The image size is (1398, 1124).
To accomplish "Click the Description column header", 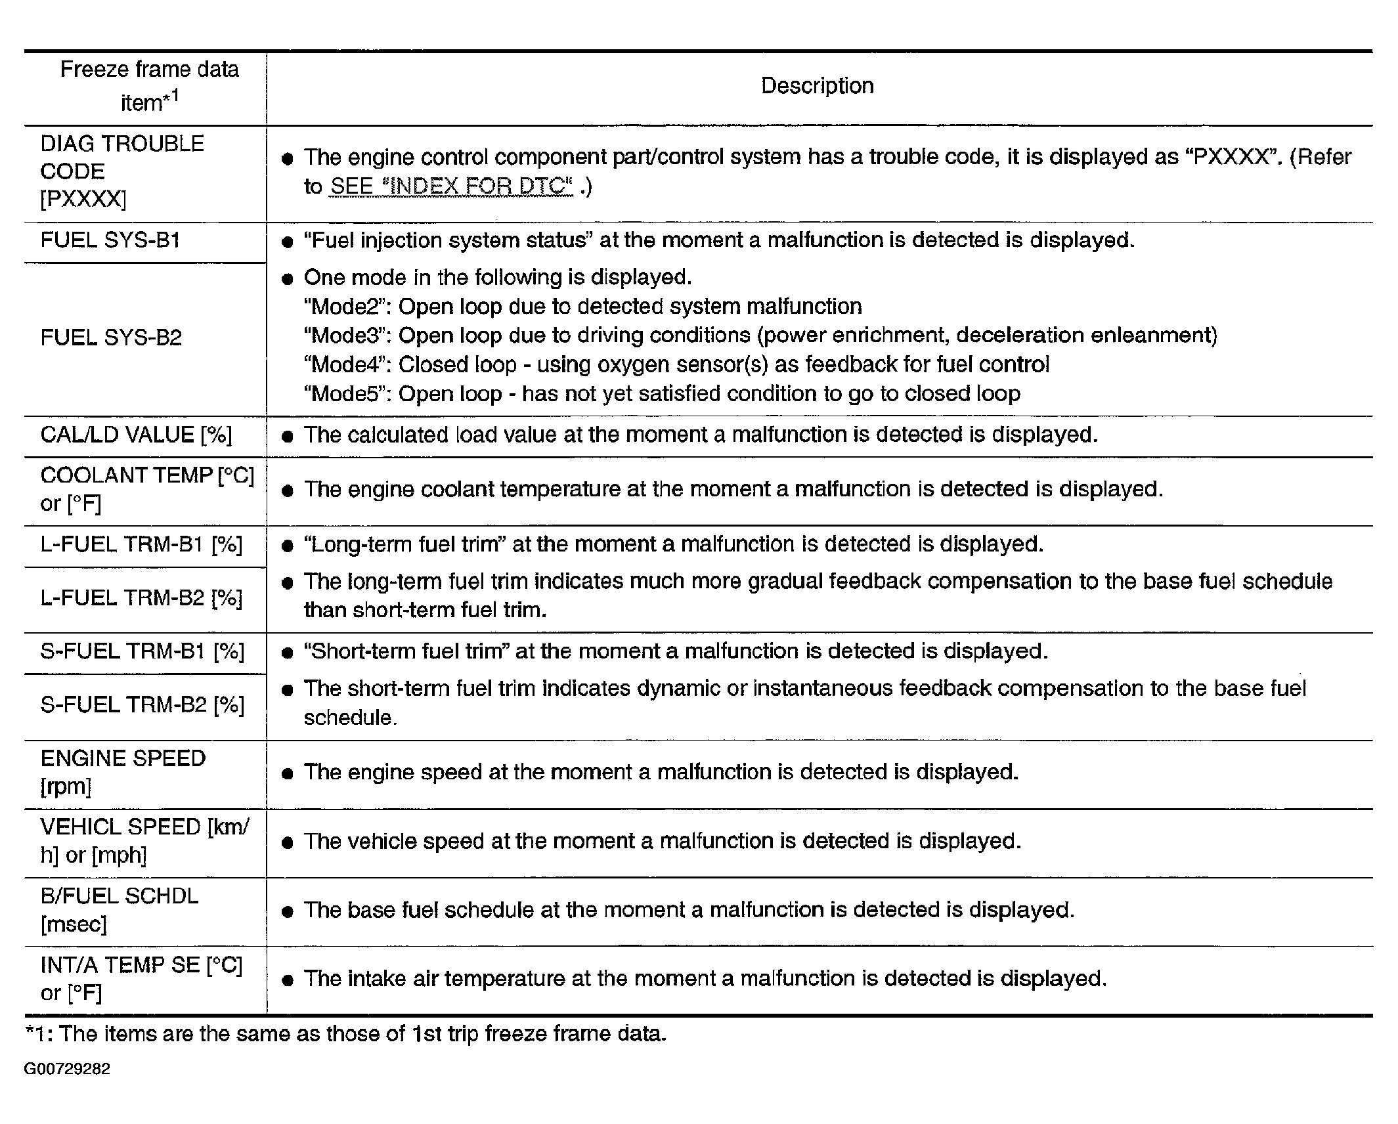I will (x=817, y=86).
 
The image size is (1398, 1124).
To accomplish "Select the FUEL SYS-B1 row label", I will (x=110, y=240).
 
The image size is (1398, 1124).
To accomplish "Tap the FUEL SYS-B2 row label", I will (x=111, y=337).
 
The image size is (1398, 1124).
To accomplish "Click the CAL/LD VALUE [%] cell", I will (x=136, y=435).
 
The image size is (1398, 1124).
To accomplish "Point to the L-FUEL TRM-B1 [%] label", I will (x=141, y=544).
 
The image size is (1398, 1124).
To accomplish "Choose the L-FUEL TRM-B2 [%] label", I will (x=141, y=598).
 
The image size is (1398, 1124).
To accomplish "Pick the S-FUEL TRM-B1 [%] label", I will (x=142, y=651).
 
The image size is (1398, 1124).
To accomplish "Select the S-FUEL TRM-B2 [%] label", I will (x=142, y=705).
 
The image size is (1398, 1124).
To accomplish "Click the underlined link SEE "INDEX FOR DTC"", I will (x=451, y=186).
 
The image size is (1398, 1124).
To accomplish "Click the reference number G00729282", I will (x=67, y=1069).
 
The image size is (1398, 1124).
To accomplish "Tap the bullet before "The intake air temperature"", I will (x=286, y=981).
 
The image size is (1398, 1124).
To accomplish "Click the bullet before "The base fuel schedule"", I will (x=286, y=912).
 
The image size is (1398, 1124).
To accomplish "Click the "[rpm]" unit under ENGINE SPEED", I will (x=66, y=787).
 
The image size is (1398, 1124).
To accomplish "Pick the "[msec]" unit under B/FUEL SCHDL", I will (x=74, y=924).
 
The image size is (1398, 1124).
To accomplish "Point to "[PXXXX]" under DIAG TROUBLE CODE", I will (x=83, y=199).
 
